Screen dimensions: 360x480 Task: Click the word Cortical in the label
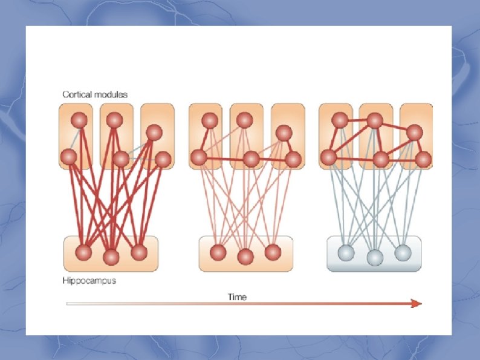[x=76, y=94]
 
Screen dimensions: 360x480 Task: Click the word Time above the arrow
[x=237, y=296]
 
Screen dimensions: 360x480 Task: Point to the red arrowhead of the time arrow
[x=416, y=303]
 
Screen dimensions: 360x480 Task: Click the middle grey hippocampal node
[x=375, y=257]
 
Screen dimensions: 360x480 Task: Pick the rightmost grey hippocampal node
[x=403, y=252]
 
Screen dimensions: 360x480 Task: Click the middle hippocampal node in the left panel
[x=111, y=257]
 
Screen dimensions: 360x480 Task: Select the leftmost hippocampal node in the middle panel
[x=218, y=252]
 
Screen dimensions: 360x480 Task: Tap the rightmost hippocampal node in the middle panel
[x=273, y=252]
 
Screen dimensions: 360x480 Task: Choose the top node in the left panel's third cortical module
[x=154, y=132]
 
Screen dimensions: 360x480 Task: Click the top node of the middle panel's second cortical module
[x=244, y=120]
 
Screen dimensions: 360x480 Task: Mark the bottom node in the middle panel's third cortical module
[x=293, y=159]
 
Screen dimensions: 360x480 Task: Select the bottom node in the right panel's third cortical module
[x=423, y=159]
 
